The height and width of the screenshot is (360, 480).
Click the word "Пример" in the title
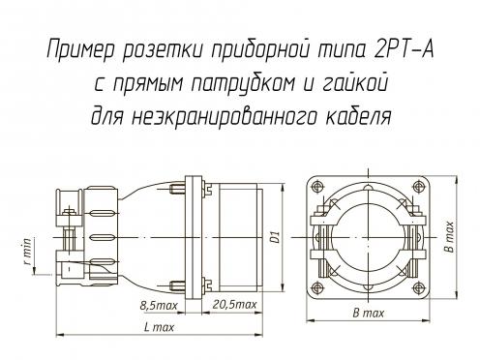(81, 50)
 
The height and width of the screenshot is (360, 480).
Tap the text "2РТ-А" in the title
(404, 49)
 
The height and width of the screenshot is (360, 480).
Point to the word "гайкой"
(354, 82)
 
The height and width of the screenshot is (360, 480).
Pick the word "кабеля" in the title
(358, 115)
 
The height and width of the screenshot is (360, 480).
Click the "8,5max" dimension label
(159, 306)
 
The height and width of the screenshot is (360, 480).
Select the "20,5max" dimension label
(234, 305)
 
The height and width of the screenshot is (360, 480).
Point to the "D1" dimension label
(275, 237)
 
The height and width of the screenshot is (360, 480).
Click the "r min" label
(27, 251)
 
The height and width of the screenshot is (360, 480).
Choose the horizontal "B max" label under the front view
(369, 314)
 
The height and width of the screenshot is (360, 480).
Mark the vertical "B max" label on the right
(449, 237)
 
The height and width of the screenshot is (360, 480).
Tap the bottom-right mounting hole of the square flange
(418, 287)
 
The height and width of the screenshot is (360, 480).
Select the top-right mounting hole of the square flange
(418, 187)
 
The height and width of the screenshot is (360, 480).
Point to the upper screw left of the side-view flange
(178, 189)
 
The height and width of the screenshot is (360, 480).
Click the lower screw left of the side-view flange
(178, 285)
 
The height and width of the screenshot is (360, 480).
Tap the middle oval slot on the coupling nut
(102, 238)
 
